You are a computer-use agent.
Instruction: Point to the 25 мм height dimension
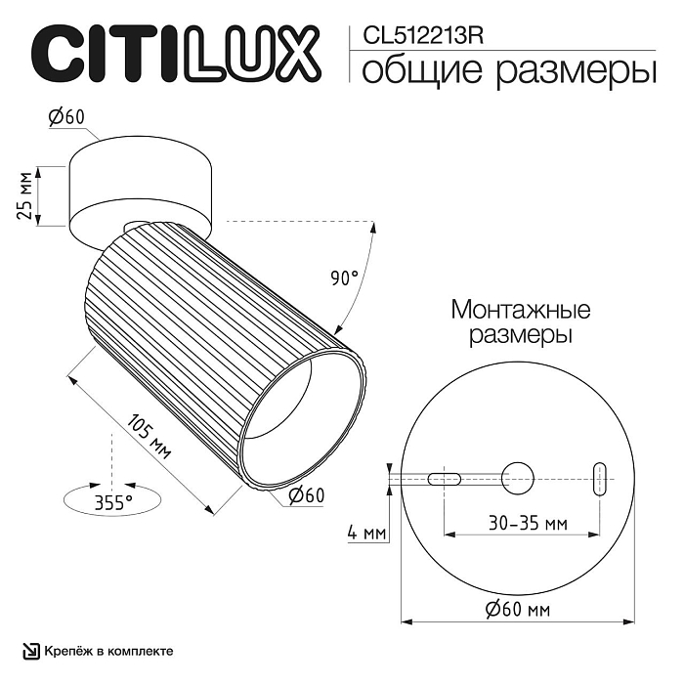(28, 194)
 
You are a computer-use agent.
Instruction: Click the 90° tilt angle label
(344, 278)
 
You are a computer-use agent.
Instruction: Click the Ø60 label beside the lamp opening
(306, 496)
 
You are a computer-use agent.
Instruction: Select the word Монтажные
(520, 311)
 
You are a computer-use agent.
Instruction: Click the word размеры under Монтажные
(520, 336)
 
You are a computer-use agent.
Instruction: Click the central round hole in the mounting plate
(519, 477)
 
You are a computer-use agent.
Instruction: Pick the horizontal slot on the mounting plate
(444, 477)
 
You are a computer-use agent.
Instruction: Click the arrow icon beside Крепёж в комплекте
(33, 651)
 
